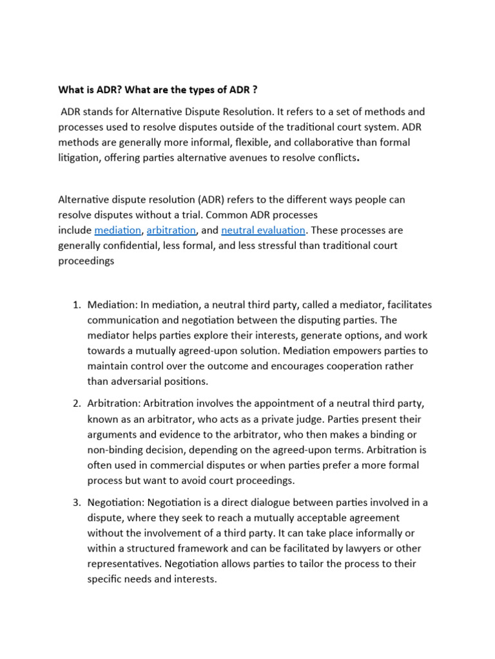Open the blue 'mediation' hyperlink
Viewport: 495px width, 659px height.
[x=118, y=230]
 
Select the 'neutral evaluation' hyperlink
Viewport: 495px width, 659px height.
[x=254, y=230]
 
